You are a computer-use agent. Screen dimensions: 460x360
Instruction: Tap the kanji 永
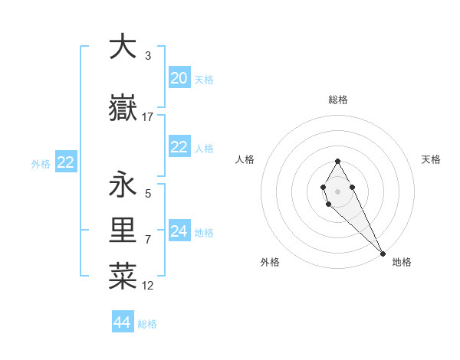coord(123,185)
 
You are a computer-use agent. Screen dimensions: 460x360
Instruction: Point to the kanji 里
coord(123,231)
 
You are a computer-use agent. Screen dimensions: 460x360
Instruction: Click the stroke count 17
coord(148,117)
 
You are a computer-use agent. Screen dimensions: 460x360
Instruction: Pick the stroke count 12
coord(148,286)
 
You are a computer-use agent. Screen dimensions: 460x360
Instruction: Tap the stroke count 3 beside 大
coord(147,55)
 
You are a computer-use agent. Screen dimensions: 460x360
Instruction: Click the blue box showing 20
coord(179,77)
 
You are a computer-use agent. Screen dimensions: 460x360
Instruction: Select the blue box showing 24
coord(179,231)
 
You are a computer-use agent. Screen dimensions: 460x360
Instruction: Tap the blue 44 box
coord(123,322)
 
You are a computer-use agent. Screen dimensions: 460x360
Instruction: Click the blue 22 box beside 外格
coord(66,162)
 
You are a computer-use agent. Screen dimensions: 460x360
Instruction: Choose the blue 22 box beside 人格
coord(179,147)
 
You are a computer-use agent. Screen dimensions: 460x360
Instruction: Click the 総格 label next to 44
coord(147,324)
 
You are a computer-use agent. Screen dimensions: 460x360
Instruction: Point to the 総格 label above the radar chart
coord(338,100)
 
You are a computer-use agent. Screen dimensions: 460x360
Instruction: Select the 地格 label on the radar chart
coord(402,262)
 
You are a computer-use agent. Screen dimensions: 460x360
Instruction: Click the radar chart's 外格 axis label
coord(270,262)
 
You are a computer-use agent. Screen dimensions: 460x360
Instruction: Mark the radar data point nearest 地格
coord(383,254)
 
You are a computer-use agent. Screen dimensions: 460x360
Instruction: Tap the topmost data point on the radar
coord(337,161)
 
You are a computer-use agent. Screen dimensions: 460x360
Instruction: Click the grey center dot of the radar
coord(337,191)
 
